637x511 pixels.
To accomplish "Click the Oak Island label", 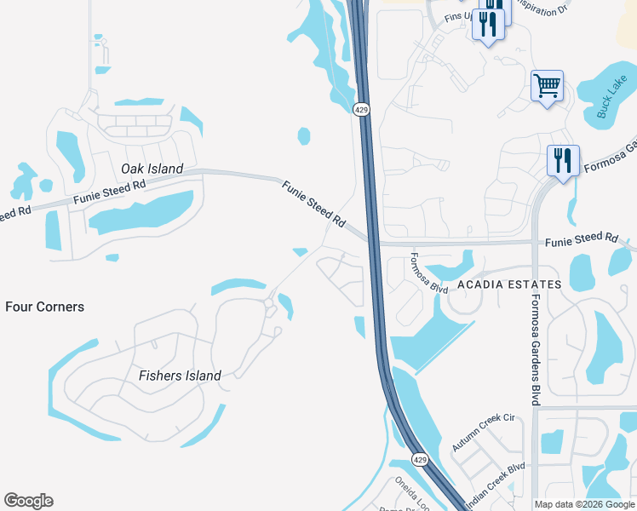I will tap(152, 169).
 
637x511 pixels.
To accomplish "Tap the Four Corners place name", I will tap(44, 307).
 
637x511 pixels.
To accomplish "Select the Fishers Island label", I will tap(180, 376).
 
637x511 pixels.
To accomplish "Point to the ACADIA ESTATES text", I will tap(508, 284).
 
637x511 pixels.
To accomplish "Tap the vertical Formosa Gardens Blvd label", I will tap(537, 350).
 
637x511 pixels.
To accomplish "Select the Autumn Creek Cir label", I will tap(485, 433).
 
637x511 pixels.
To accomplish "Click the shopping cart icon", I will tap(547, 85).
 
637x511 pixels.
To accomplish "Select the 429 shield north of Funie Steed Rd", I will tap(361, 109).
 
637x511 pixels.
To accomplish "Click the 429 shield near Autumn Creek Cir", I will tap(420, 460).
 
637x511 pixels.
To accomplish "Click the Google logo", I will tap(28, 501).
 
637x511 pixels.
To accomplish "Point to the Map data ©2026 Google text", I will tap(584, 504).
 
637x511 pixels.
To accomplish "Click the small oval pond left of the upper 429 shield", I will tap(303, 135).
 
